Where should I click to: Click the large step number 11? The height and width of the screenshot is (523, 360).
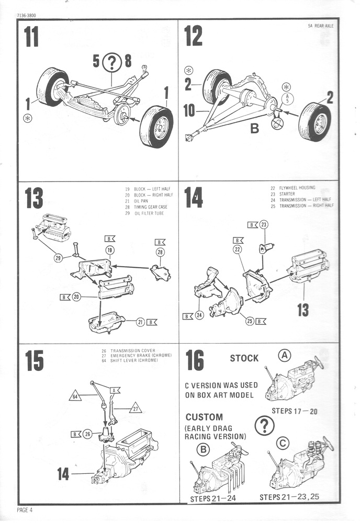pyautogui.click(x=32, y=37)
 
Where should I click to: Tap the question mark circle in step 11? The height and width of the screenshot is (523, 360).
pyautogui.click(x=111, y=62)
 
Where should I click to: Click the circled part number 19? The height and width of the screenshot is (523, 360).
pyautogui.click(x=110, y=251)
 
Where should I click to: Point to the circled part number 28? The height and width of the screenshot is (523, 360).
pyautogui.click(x=160, y=252)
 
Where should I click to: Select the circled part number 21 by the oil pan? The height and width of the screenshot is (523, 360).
pyautogui.click(x=140, y=322)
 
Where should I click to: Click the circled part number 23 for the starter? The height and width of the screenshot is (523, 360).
pyautogui.click(x=264, y=224)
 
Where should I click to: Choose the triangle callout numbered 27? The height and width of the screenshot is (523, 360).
pyautogui.click(x=136, y=407)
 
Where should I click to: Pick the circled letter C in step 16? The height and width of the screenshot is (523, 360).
pyautogui.click(x=283, y=444)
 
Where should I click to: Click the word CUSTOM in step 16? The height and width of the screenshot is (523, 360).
pyautogui.click(x=204, y=417)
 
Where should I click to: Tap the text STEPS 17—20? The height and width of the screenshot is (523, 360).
pyautogui.click(x=294, y=411)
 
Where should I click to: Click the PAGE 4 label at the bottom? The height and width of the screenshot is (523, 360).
pyautogui.click(x=25, y=510)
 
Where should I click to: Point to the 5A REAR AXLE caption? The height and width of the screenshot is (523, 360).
pyautogui.click(x=321, y=25)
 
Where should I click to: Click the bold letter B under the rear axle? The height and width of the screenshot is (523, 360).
pyautogui.click(x=255, y=128)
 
